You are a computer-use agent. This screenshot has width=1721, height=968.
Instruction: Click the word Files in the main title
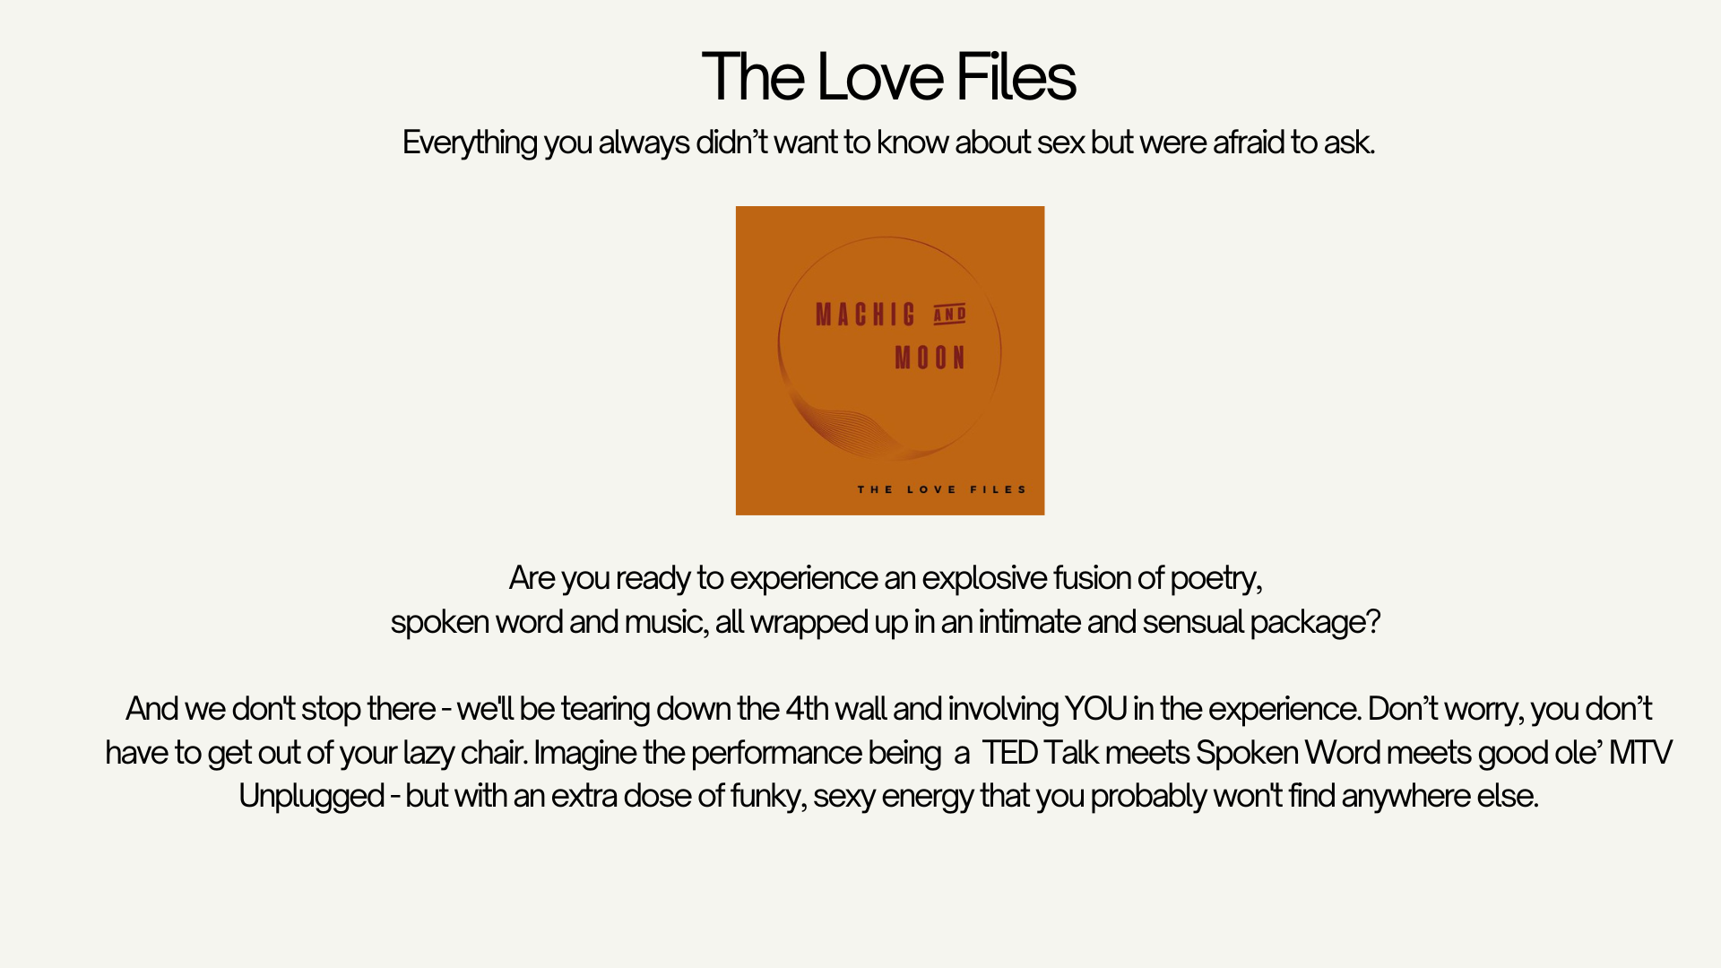pyautogui.click(x=1016, y=77)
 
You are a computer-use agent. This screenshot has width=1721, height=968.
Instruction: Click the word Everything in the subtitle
pyautogui.click(x=470, y=143)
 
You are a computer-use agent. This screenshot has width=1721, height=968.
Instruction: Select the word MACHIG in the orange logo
pyautogui.click(x=866, y=315)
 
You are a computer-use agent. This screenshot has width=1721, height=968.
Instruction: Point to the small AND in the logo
pyautogui.click(x=950, y=314)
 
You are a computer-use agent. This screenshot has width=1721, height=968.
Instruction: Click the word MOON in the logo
pyautogui.click(x=930, y=359)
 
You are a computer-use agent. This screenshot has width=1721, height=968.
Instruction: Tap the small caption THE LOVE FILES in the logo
pyautogui.click(x=941, y=489)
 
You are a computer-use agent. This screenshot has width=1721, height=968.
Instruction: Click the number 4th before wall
pyautogui.click(x=807, y=709)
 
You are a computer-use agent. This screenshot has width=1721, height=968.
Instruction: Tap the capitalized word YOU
pyautogui.click(x=1095, y=709)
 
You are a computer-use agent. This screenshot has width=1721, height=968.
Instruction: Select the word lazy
pyautogui.click(x=428, y=754)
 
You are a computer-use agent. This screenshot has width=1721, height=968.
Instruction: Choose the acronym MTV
pyautogui.click(x=1640, y=753)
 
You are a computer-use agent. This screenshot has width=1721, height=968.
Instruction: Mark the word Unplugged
pyautogui.click(x=312, y=797)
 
